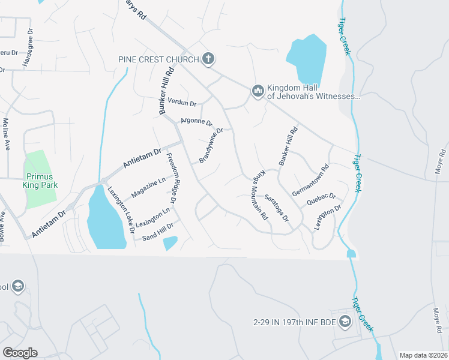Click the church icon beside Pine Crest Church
[x=208, y=59]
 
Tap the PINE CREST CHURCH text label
[x=159, y=59]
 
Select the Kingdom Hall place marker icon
[x=258, y=90]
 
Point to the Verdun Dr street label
[x=182, y=103]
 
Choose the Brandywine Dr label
[x=211, y=145]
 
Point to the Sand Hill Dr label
[x=157, y=232]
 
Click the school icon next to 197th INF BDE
[x=345, y=322]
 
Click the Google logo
[x=20, y=352]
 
